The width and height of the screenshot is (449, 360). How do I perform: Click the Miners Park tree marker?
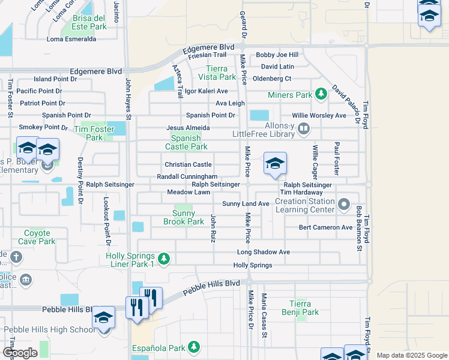point(322,94)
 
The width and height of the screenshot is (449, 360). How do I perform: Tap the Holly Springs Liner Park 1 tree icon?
point(164,259)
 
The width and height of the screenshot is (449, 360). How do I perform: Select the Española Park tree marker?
point(193,347)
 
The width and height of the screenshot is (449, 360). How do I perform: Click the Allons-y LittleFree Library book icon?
point(304,127)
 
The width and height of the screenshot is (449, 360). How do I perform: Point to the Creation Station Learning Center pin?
point(343,205)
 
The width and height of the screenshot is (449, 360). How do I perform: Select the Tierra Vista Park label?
point(217,73)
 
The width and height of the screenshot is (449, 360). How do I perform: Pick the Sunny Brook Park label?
point(184,217)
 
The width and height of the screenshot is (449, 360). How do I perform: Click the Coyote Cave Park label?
point(39,237)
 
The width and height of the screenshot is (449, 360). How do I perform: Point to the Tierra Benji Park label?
point(300,308)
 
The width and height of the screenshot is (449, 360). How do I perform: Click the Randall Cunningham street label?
point(187,176)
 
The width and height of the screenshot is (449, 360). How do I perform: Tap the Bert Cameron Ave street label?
point(326,227)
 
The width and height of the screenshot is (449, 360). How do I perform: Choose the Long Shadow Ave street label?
point(263,252)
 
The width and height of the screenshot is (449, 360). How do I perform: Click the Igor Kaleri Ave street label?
point(206,91)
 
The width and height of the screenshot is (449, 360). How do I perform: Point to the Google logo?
point(20,353)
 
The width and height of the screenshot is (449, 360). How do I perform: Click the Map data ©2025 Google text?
point(411,355)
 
